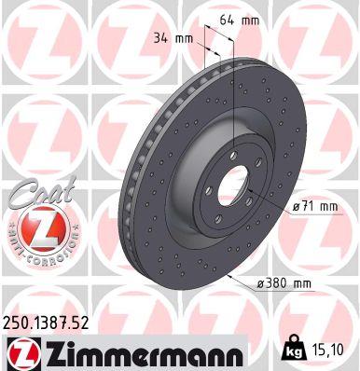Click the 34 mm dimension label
[174, 38]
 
